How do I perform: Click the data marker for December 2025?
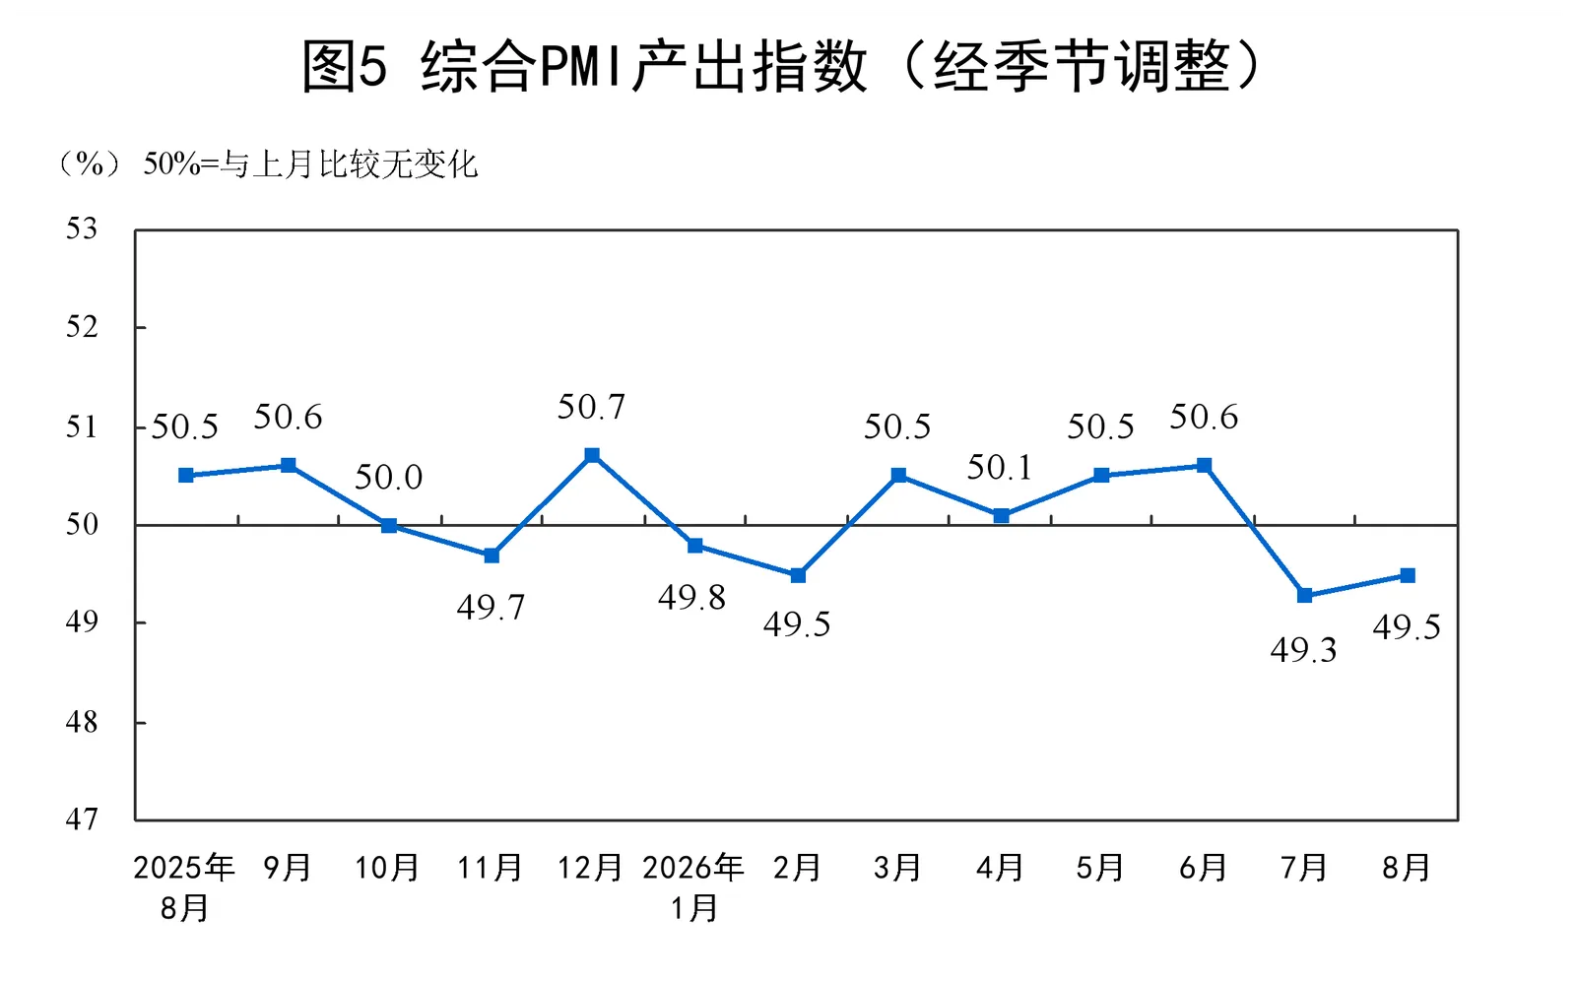[592, 455]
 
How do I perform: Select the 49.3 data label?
[1303, 650]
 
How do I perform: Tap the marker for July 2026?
[1304, 595]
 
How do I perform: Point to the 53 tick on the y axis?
[82, 229]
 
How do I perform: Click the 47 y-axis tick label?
[82, 819]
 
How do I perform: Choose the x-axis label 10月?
[387, 868]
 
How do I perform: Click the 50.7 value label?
[591, 407]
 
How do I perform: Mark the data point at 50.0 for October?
[389, 525]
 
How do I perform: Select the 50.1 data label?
[999, 467]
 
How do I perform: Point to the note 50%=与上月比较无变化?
[310, 163]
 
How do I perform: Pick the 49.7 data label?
[491, 608]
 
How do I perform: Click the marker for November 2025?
[492, 556]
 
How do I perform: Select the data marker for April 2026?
[1001, 516]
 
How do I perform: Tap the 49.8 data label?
[691, 598]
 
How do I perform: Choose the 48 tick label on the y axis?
[82, 722]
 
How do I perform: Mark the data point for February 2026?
[798, 575]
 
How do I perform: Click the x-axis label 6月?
[1203, 868]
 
